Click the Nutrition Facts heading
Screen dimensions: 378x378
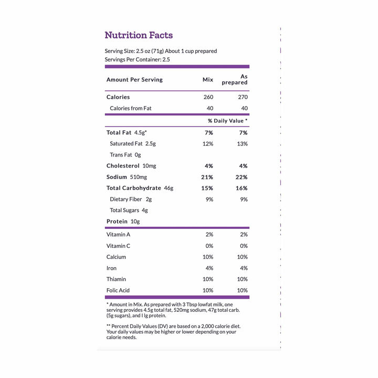(139, 35)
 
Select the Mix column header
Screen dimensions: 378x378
(208, 80)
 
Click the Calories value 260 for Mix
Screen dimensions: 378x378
(208, 97)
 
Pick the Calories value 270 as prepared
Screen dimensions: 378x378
(242, 97)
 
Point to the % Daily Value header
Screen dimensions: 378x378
(228, 121)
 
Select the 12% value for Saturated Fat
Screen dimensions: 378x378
(208, 143)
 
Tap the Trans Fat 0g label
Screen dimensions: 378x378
(125, 155)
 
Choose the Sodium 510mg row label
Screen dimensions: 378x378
(125, 177)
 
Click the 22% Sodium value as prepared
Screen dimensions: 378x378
(241, 177)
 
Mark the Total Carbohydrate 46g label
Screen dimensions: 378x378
(140, 188)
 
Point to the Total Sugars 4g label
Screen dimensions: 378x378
(129, 211)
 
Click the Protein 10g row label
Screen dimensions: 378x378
(123, 222)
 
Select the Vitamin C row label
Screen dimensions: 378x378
(118, 246)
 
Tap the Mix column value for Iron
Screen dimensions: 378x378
(209, 268)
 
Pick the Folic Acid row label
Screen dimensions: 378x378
(118, 290)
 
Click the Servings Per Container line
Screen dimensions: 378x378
(137, 59)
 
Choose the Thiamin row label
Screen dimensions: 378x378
(116, 279)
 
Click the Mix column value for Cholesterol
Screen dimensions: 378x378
(209, 166)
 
